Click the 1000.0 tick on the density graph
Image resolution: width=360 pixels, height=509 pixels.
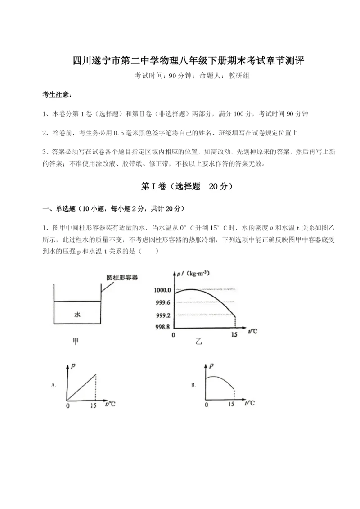pyautogui.click(x=162, y=290)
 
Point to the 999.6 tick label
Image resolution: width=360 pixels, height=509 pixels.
pyautogui.click(x=162, y=302)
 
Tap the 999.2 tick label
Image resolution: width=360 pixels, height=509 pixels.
pyautogui.click(x=162, y=315)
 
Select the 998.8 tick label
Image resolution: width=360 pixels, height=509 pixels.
pyautogui.click(x=162, y=327)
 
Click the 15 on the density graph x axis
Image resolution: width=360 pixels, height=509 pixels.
pyautogui.click(x=234, y=335)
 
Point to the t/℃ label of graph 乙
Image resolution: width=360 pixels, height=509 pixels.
pyautogui.click(x=253, y=332)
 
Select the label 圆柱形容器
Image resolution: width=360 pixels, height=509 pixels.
pyautogui.click(x=122, y=277)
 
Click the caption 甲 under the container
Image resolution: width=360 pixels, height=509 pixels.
pyautogui.click(x=76, y=342)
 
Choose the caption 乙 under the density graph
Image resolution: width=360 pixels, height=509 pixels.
pyautogui.click(x=198, y=342)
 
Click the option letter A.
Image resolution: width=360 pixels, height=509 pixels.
pyautogui.click(x=54, y=385)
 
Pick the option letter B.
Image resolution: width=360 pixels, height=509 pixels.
pyautogui.click(x=193, y=385)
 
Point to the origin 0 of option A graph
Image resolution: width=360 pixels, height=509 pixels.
pyautogui.click(x=67, y=405)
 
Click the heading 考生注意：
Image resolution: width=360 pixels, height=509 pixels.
pyautogui.click(x=57, y=95)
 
